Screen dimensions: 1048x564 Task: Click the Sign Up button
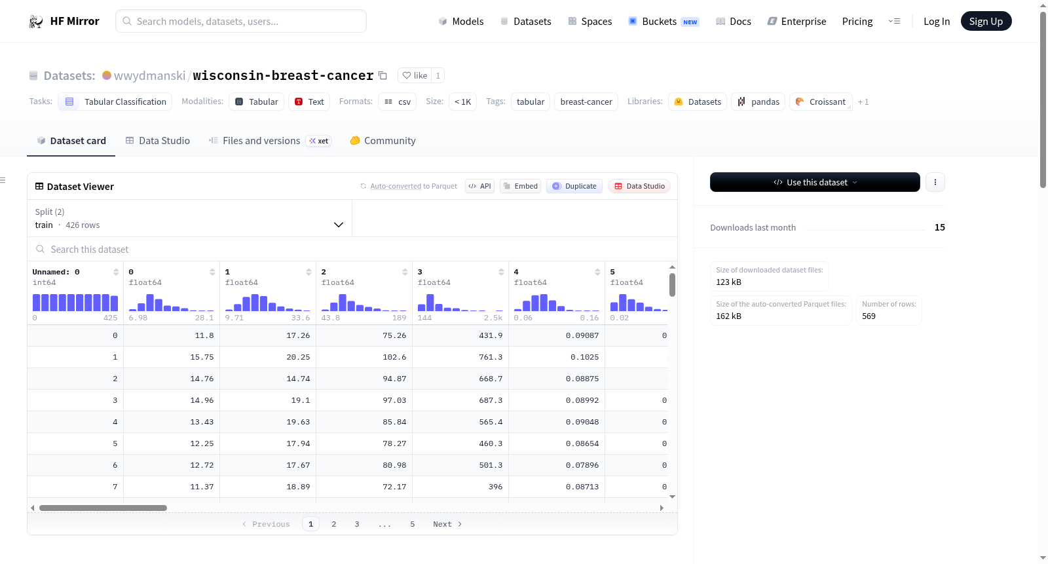tap(986, 21)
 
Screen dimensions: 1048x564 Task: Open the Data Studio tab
tap(158, 140)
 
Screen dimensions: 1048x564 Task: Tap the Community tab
tap(383, 140)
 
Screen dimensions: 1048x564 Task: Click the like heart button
tap(415, 75)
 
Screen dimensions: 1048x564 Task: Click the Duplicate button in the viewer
tap(574, 186)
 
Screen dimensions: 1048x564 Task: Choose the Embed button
tap(520, 186)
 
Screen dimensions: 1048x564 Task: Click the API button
tap(480, 186)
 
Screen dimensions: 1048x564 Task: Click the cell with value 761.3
tap(460, 357)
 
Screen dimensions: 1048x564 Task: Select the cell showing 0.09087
tap(557, 335)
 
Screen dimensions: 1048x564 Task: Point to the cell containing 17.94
tap(268, 443)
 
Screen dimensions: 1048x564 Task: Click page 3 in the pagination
tap(357, 524)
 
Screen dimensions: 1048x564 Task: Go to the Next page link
tap(447, 524)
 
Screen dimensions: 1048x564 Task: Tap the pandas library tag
tap(758, 102)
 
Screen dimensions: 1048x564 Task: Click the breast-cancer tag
tap(586, 102)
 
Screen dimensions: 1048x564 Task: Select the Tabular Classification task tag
tap(115, 102)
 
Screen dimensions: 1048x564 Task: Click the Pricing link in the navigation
tap(857, 21)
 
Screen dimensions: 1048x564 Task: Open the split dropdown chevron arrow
tap(338, 225)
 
